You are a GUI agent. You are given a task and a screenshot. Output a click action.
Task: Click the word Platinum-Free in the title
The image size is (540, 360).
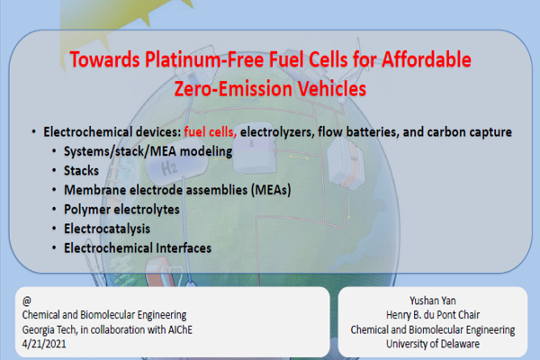click(x=204, y=59)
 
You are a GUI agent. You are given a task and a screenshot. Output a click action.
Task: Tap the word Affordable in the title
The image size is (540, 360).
click(x=427, y=59)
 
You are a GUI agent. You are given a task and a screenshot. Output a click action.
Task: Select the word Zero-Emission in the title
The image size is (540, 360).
click(x=233, y=88)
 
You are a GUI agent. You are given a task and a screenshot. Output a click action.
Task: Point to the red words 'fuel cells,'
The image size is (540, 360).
click(x=210, y=132)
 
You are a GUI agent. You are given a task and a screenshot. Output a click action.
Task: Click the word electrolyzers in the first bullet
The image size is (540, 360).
click(x=277, y=132)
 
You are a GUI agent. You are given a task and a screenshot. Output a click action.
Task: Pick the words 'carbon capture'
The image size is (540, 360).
click(x=470, y=132)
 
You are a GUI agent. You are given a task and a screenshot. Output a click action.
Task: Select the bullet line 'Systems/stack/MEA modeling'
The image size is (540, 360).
click(x=148, y=151)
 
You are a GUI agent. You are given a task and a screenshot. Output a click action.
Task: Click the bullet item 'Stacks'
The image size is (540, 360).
click(x=81, y=171)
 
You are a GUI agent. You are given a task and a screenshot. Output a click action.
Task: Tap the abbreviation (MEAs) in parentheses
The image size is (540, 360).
click(x=271, y=190)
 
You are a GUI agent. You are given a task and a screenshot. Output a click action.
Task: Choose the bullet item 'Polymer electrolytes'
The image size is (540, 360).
click(x=121, y=210)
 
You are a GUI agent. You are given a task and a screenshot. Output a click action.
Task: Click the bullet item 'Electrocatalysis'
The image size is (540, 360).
click(x=107, y=229)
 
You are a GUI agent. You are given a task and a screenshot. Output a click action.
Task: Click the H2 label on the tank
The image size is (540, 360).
click(x=169, y=168)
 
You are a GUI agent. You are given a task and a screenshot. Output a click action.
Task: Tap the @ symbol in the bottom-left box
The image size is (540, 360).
click(x=26, y=301)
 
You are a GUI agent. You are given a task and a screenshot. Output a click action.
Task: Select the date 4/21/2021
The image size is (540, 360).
click(x=44, y=344)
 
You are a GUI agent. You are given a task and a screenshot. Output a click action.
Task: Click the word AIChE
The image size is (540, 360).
click(x=180, y=329)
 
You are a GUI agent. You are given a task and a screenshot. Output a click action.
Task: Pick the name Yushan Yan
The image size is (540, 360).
click(x=433, y=301)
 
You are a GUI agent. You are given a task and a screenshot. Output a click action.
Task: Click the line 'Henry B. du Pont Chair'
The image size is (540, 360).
click(x=433, y=315)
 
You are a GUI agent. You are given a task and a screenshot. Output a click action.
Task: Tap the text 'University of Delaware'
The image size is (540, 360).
click(x=433, y=344)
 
